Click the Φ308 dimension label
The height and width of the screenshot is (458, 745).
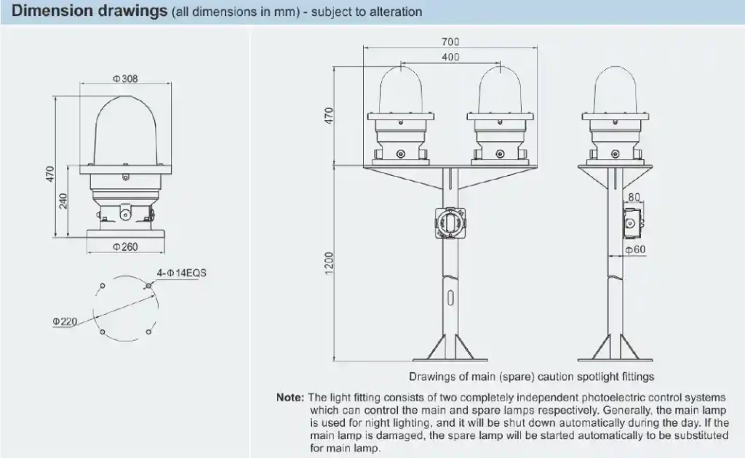[x=125, y=79]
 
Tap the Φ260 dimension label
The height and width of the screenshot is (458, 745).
[x=125, y=247]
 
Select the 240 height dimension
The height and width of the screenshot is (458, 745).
[x=64, y=201]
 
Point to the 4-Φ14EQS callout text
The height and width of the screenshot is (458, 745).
[x=181, y=273]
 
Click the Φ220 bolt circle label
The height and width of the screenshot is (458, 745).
[x=65, y=321]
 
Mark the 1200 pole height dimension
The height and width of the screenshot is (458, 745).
[x=329, y=263]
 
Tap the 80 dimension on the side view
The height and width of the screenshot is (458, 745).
[x=633, y=196]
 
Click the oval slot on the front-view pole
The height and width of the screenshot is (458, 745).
[x=451, y=298]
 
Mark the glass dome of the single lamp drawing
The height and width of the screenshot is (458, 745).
[x=125, y=129]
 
